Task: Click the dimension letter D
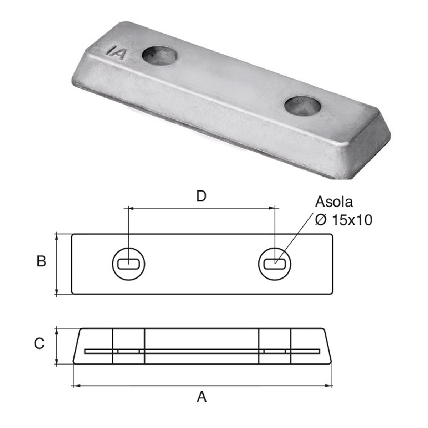[202, 197]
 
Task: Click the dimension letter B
[41, 262]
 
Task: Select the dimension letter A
[202, 396]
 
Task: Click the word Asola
[334, 202]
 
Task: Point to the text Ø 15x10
[343, 220]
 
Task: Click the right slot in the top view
[275, 264]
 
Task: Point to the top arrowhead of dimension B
[57, 236]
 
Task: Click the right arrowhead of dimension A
[330, 386]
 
